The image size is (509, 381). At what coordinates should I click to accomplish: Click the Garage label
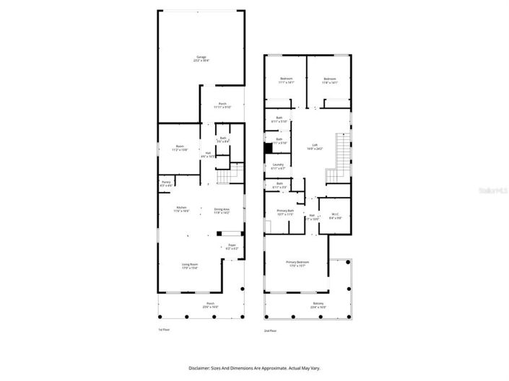(x=200, y=58)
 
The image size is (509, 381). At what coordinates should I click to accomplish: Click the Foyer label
(x=232, y=246)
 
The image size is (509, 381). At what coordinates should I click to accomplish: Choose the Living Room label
(x=190, y=266)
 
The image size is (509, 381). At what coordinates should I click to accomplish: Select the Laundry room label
(x=277, y=166)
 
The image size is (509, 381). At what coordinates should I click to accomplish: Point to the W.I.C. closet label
(x=335, y=214)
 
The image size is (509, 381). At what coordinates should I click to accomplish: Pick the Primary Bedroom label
(x=297, y=263)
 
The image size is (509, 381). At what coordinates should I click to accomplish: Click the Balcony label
(x=318, y=304)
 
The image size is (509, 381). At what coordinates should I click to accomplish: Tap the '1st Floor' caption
(x=165, y=329)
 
